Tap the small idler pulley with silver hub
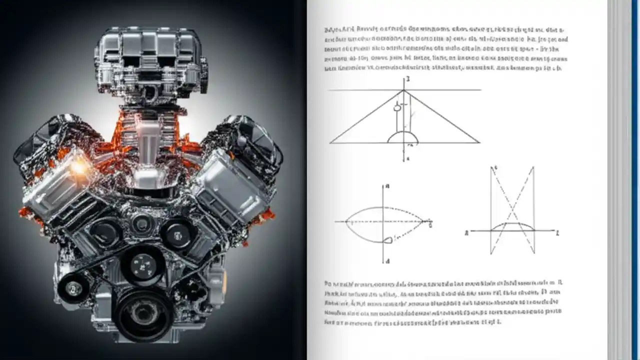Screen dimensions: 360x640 point(74,287)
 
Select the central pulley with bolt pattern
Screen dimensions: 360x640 point(143,263)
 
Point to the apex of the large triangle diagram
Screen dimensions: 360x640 point(403,90)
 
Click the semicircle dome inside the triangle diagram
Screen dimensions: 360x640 point(403,137)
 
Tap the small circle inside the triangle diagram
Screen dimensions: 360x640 point(397,107)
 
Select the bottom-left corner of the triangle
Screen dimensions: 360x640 point(330,143)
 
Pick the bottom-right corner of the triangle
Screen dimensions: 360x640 point(479,143)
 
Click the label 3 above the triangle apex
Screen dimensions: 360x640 point(407,79)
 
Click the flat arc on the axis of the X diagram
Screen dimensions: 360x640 point(512,225)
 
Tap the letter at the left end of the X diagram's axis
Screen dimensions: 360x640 point(466,233)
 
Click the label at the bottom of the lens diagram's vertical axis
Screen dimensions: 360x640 point(387,261)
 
